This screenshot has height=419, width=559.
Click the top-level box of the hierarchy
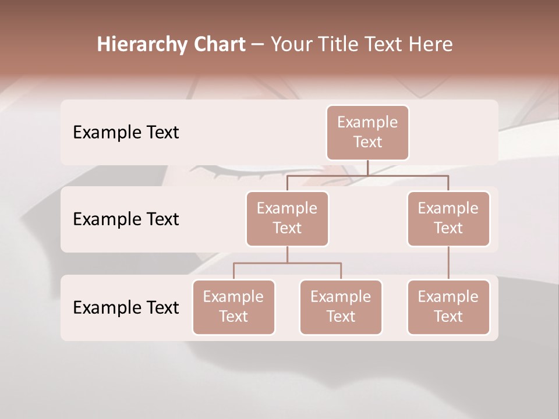(x=367, y=133)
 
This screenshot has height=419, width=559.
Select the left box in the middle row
(x=287, y=219)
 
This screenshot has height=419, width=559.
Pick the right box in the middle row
(x=448, y=219)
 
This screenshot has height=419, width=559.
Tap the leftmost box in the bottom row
(x=233, y=307)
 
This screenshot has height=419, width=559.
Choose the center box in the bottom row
(x=341, y=307)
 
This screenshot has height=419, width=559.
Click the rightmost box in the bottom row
(x=448, y=307)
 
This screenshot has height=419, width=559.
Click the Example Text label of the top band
(x=126, y=133)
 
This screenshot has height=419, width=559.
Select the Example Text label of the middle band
(x=126, y=219)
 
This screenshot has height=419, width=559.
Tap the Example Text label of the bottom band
(x=126, y=307)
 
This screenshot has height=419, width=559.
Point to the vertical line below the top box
(x=367, y=168)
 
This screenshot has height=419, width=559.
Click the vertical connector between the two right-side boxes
(x=448, y=263)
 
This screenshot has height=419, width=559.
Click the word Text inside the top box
(x=367, y=142)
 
